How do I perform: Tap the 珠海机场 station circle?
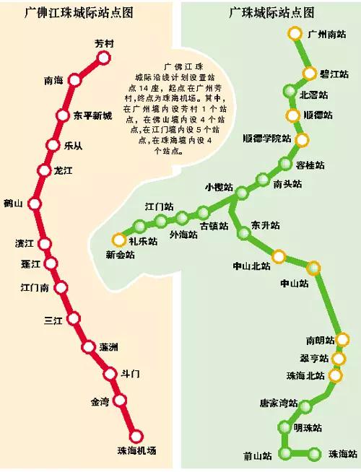point(136,436)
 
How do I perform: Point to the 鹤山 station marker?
point(34,204)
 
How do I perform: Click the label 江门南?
point(34,287)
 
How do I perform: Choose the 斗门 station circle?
point(110,374)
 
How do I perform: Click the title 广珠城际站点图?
point(271,12)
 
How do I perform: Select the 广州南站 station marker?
point(295,33)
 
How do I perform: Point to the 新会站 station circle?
point(118,240)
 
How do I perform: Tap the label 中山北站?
point(251,266)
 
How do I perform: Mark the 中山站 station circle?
point(313,268)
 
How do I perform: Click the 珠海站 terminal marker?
point(315,454)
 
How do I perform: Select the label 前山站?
point(258,455)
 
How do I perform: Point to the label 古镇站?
point(214,226)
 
